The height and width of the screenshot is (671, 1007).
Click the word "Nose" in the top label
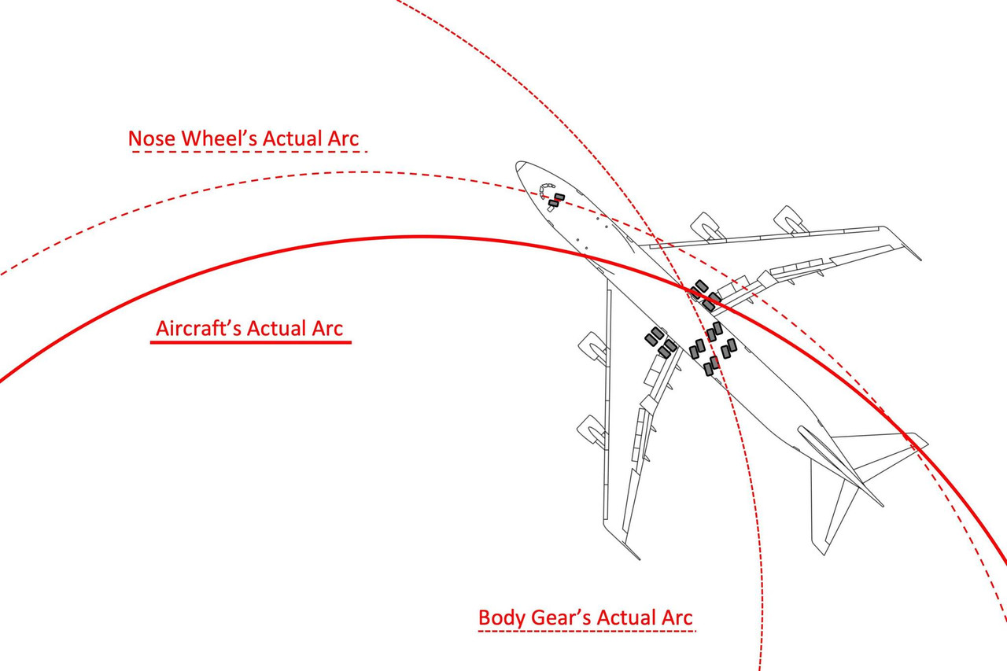(152, 138)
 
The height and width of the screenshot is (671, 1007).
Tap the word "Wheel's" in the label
(219, 138)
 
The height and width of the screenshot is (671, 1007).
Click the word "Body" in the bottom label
(502, 618)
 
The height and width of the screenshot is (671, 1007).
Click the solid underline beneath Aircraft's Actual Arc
(250, 342)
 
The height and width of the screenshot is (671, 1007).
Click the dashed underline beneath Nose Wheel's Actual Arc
(249, 152)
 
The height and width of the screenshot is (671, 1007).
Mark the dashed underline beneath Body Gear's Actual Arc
(587, 631)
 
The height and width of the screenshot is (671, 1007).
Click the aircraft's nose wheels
(556, 201)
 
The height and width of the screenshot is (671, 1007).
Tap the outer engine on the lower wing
(592, 431)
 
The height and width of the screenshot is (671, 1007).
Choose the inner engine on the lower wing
(592, 346)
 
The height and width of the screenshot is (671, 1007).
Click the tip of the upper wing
(920, 259)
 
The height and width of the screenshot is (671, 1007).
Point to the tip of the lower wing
(639, 559)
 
